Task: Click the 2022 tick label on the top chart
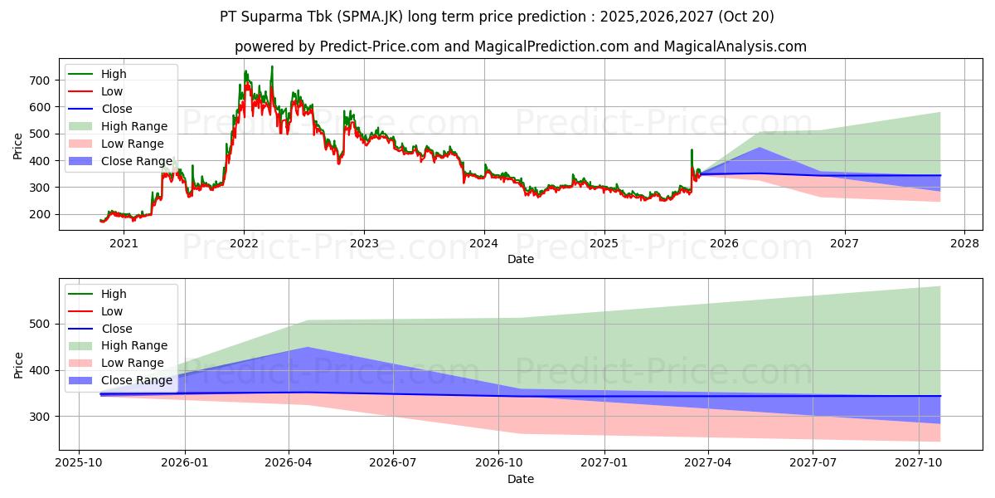click(x=244, y=243)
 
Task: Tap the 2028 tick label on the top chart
click(x=964, y=243)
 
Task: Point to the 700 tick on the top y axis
click(x=39, y=81)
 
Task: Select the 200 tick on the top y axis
click(x=39, y=214)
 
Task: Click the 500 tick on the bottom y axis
click(x=39, y=324)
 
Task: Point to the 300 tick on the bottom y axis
click(x=39, y=417)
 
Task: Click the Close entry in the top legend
click(x=117, y=109)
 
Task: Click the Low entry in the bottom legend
click(x=112, y=311)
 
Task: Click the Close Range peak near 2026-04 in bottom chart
click(x=308, y=348)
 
